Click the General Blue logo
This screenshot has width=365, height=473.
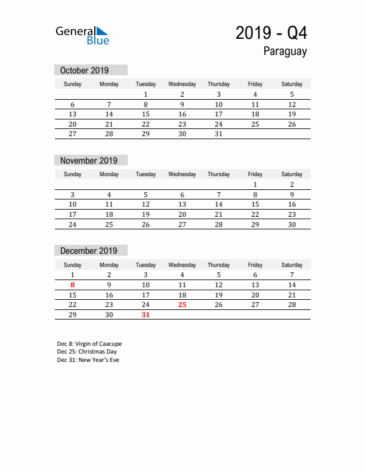82,35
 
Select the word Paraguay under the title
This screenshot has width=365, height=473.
284,51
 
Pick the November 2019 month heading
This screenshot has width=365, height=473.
89,161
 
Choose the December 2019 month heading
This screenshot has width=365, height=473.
89,251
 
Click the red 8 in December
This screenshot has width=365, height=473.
73,285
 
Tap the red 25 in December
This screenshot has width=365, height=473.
182,305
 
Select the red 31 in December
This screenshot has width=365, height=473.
146,315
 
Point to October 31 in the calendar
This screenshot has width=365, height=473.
218,134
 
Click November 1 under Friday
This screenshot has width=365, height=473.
255,185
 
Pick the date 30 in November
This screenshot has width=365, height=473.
292,225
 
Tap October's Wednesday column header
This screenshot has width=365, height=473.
182,84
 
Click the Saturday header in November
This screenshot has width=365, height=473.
292,174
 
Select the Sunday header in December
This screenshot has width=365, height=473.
73,265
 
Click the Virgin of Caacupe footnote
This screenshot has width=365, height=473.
89,344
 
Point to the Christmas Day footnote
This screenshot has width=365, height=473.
86,352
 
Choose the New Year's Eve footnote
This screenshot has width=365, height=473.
88,360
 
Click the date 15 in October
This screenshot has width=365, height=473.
146,114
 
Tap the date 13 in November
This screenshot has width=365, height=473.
182,204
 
